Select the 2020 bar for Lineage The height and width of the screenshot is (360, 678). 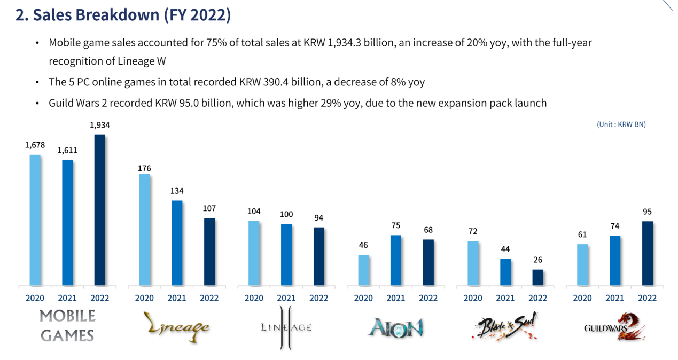coord(144,230)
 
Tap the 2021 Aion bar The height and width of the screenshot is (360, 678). coord(396,260)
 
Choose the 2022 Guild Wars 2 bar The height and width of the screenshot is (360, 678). coord(648,253)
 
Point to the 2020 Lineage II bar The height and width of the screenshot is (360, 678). coord(254,253)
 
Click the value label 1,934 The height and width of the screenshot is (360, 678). coord(99,125)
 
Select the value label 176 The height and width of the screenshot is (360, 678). coord(144,168)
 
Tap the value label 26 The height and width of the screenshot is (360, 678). coord(537,260)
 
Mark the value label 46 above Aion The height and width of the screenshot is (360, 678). coord(363,245)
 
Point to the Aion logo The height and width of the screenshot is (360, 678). coord(396,327)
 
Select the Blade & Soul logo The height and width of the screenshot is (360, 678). coord(505,327)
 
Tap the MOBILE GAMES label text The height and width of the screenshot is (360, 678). coord(67,325)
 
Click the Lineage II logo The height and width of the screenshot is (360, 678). coord(286,327)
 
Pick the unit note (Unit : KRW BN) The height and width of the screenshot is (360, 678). coord(621,124)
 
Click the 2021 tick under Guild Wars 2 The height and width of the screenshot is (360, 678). coord(614,298)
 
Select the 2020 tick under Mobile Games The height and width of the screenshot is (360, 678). coord(35,298)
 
